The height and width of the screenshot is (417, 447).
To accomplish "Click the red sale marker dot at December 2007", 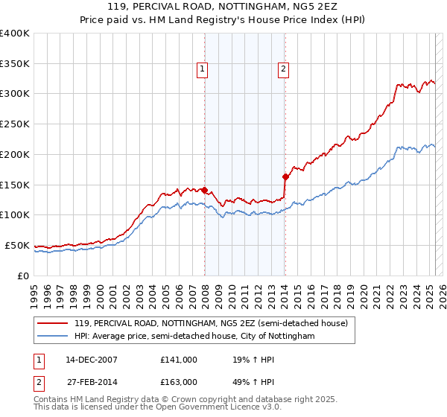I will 205,190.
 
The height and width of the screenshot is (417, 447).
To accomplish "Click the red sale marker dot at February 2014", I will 285,176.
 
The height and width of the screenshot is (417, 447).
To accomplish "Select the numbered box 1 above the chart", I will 202,70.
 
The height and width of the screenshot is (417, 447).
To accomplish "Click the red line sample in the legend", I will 52,324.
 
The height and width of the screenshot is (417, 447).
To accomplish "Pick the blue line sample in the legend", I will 52,337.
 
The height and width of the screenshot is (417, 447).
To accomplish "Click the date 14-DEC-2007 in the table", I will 86,360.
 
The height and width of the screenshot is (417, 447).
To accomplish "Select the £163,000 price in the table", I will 179,381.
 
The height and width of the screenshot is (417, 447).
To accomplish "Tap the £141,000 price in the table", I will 179,360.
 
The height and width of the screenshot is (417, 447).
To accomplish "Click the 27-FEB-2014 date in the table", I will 86,381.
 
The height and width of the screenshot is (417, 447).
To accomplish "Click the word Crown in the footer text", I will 202,399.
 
